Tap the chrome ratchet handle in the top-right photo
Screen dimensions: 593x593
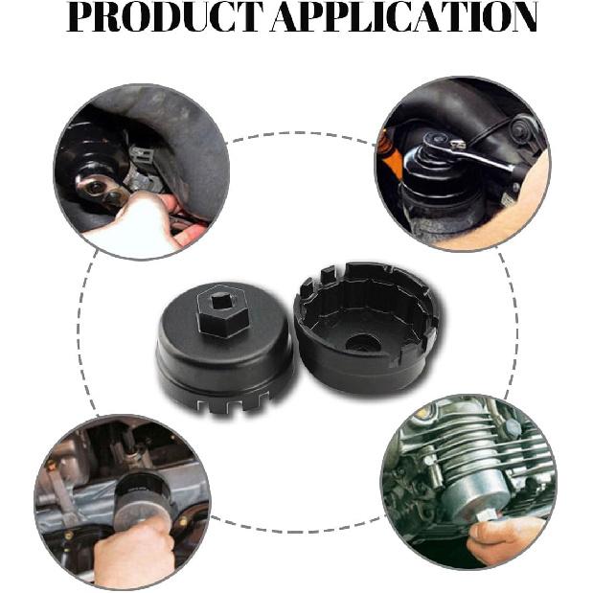coord(490,158)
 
